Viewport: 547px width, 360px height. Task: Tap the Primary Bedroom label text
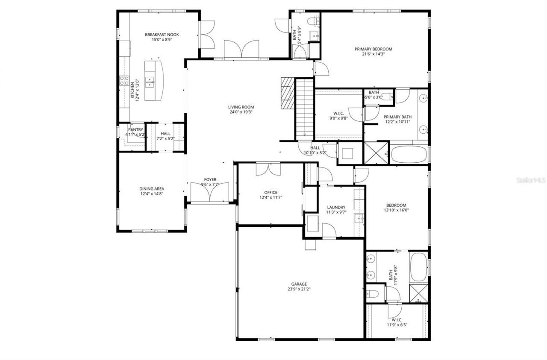tap(373, 49)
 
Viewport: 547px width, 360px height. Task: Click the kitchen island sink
tap(150, 80)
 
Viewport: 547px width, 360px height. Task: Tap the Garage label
tap(299, 284)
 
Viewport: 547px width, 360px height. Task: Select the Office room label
tap(271, 193)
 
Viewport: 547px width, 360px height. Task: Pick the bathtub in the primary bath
tap(409, 155)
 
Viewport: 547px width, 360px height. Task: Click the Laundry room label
tap(336, 208)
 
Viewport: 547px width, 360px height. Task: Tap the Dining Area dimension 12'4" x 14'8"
tap(151, 194)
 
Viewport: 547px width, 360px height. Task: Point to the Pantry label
tap(135, 130)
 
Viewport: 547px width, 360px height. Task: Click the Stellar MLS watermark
tap(531, 180)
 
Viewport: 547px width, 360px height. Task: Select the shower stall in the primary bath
tap(376, 153)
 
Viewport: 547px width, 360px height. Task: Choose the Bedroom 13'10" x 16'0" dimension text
tap(396, 210)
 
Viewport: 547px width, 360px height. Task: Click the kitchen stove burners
tap(124, 81)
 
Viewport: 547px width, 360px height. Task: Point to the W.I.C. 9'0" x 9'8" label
tap(338, 118)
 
